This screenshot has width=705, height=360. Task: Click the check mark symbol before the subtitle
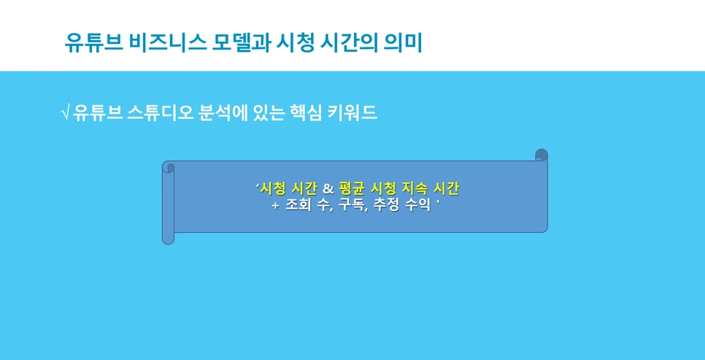[65, 113]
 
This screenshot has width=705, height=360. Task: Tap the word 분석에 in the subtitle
[220, 113]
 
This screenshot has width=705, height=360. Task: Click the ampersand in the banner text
[328, 189]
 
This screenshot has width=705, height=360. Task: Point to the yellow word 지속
[415, 189]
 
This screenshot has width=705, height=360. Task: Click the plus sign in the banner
[275, 206]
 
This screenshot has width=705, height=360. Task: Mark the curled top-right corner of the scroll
[541, 155]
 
